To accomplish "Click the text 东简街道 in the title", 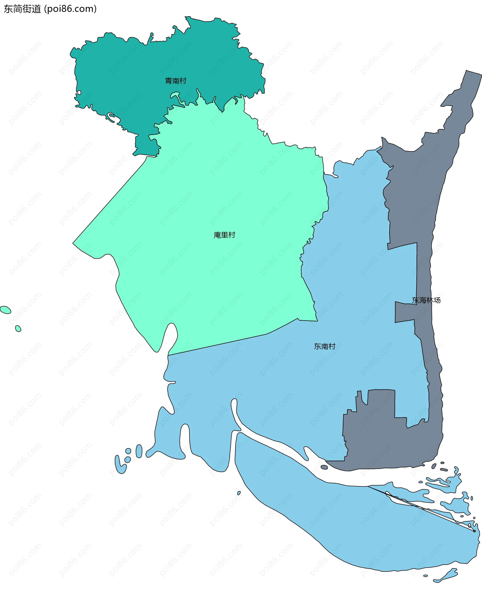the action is (x=22, y=9).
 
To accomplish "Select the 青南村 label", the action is (x=175, y=81).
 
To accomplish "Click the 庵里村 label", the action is (x=224, y=235).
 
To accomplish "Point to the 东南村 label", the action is (x=324, y=347).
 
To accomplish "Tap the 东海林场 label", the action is (x=426, y=300).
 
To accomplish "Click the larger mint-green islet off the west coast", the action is (x=6, y=310).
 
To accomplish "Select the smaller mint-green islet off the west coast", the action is (x=18, y=329).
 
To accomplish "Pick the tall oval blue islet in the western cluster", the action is (x=139, y=451).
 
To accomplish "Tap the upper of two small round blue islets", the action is (x=128, y=451).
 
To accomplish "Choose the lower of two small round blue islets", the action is (x=128, y=459).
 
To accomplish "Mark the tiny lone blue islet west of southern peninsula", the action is (x=239, y=493).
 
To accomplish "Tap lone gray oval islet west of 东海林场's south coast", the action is (x=324, y=467).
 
